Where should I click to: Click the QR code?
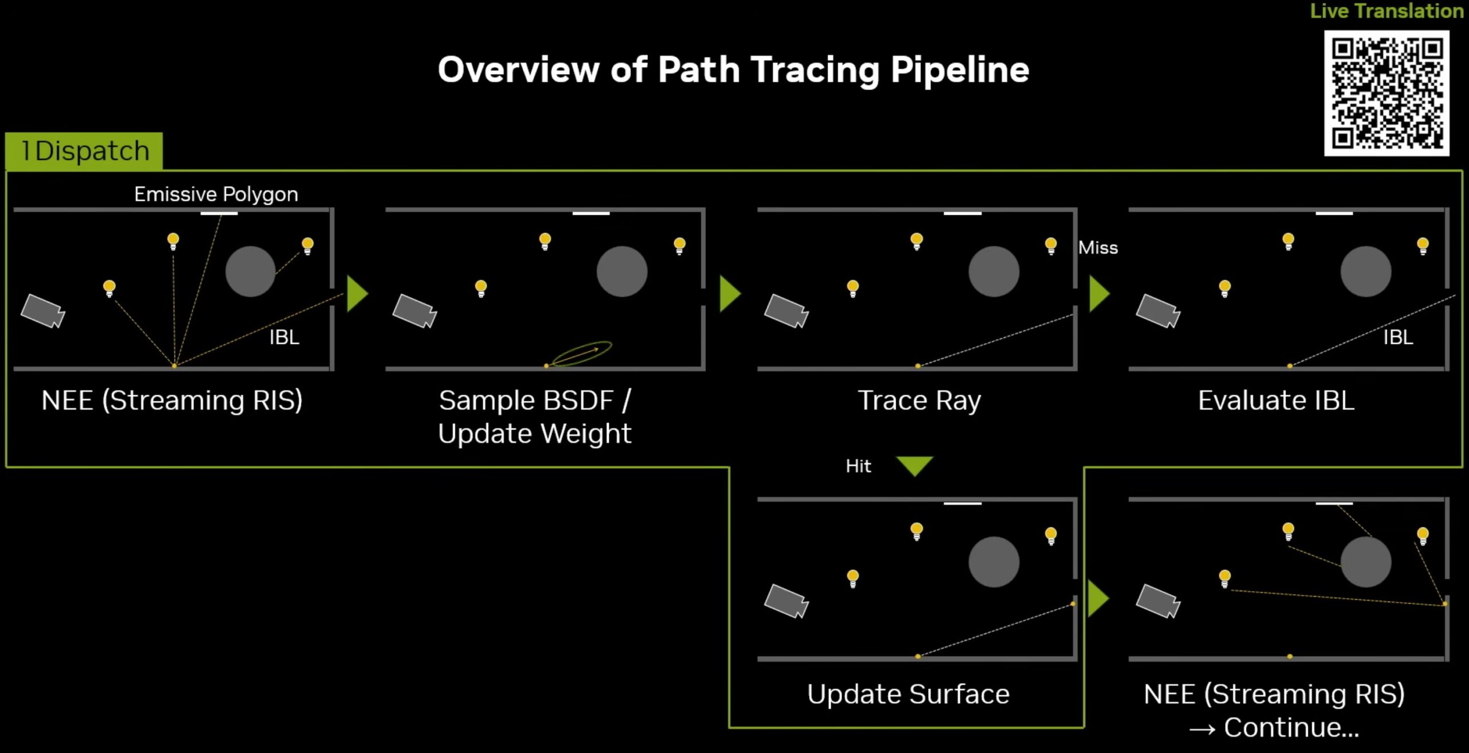(x=1386, y=93)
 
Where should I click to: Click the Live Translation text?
(x=1387, y=11)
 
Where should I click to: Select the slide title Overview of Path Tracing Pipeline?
(x=733, y=70)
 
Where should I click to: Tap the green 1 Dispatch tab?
(x=84, y=151)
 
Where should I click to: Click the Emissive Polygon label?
(x=216, y=194)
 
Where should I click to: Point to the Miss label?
(x=1098, y=247)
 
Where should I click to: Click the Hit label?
(x=858, y=465)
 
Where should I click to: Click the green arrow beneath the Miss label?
(x=1099, y=294)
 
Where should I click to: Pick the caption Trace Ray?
(x=919, y=400)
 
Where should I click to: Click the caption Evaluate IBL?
(x=1276, y=400)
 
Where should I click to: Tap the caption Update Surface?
(x=908, y=694)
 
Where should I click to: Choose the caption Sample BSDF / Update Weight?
(x=535, y=417)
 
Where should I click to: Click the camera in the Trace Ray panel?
(x=786, y=311)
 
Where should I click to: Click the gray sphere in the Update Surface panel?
(x=994, y=562)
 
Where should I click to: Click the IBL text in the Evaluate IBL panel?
(x=1398, y=337)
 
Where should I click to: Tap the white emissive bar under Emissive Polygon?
(x=219, y=214)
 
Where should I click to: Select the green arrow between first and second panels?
(x=357, y=294)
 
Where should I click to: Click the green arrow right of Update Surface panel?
(x=1098, y=599)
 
